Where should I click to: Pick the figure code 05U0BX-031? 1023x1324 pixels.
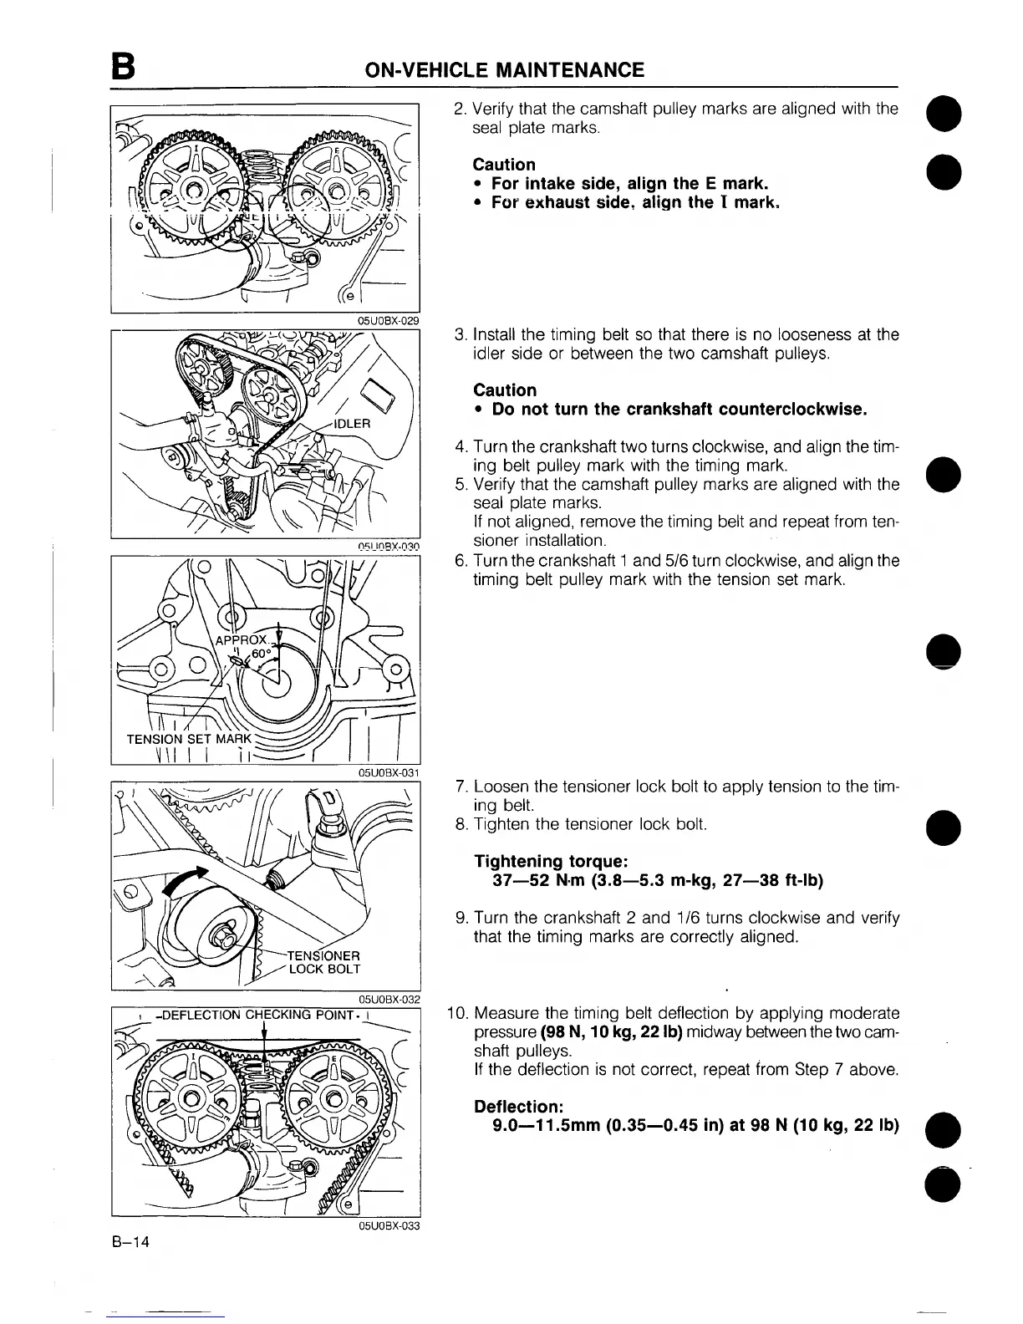click(388, 772)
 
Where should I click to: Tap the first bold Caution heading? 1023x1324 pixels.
click(504, 164)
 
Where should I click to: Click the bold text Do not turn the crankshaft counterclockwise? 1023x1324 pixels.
click(679, 410)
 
